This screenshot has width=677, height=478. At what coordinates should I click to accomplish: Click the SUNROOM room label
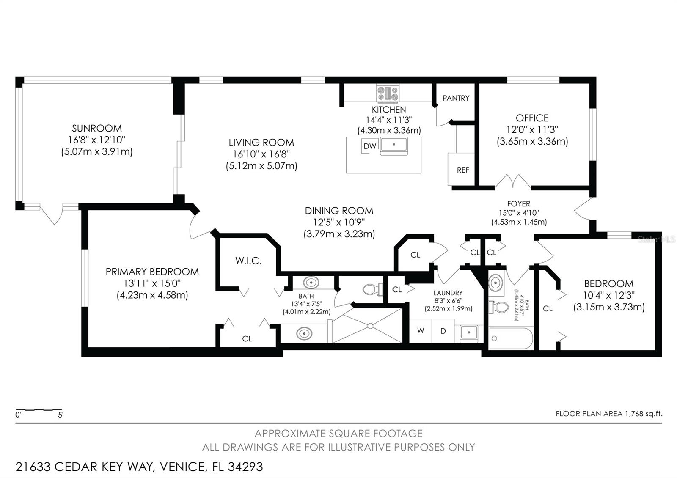[x=97, y=129]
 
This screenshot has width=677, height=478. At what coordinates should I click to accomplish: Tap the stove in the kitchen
[x=388, y=93]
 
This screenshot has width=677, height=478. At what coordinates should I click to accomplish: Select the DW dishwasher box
[x=370, y=146]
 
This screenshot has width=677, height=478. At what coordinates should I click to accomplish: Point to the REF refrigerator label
[x=463, y=170]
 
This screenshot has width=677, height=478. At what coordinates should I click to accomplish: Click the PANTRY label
[x=456, y=98]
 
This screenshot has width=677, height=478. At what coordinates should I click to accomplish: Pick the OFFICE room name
[x=532, y=118]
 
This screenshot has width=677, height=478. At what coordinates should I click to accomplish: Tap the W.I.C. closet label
[x=248, y=261]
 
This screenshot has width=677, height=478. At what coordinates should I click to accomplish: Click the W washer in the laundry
[x=421, y=330]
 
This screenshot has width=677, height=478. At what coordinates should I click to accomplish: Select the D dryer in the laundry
[x=443, y=331]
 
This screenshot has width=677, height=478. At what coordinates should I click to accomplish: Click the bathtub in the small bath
[x=511, y=338]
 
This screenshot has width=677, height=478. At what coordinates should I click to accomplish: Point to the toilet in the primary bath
[x=373, y=289]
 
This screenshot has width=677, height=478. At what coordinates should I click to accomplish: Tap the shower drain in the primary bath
[x=370, y=326]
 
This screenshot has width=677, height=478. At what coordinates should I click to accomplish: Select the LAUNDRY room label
[x=448, y=293]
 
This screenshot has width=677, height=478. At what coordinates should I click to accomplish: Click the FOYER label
[x=519, y=203]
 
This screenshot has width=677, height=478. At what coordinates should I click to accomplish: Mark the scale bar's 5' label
[x=61, y=415]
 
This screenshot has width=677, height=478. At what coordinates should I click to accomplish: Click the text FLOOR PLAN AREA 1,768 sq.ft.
[x=609, y=414]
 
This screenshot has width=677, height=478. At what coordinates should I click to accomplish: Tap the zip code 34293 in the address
[x=245, y=467]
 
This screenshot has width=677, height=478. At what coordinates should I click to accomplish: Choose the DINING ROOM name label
[x=339, y=211]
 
